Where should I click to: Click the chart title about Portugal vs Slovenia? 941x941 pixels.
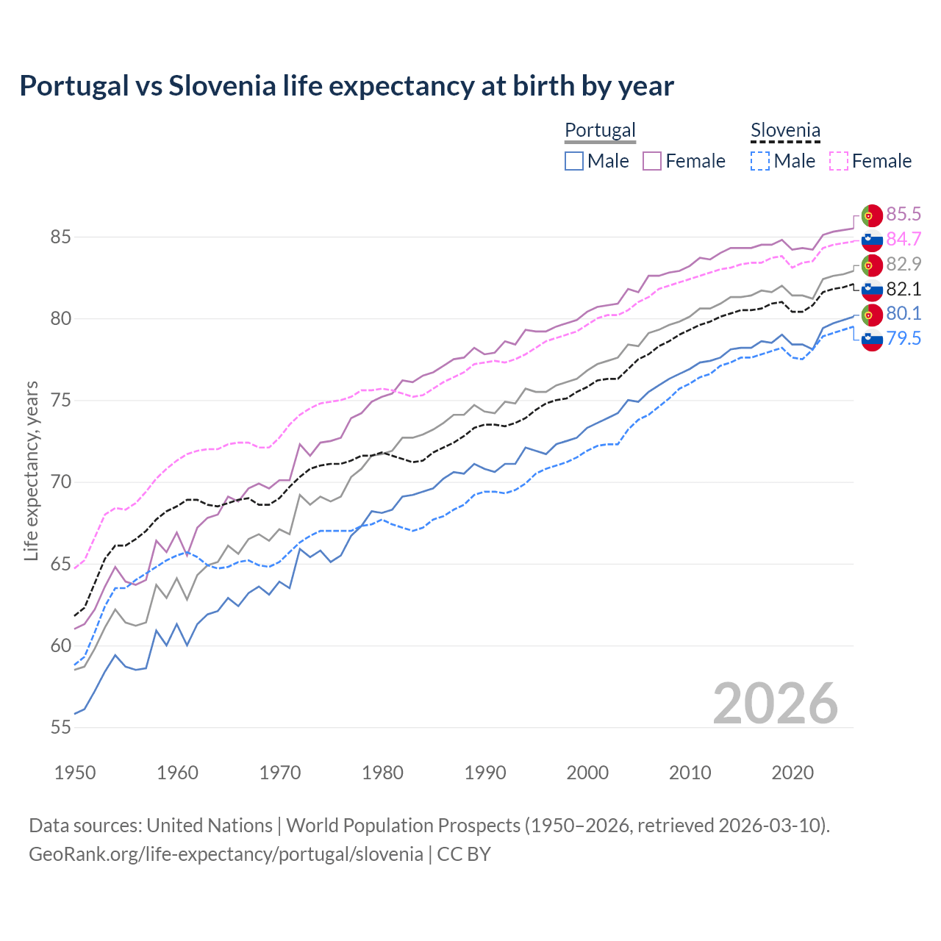click(x=346, y=86)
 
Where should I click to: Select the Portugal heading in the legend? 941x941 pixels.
click(x=600, y=130)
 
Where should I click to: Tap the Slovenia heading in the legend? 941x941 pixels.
click(x=785, y=130)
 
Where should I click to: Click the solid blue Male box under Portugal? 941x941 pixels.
click(x=574, y=161)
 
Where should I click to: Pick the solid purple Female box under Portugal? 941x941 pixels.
click(x=652, y=161)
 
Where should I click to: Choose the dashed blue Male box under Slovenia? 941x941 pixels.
click(x=760, y=161)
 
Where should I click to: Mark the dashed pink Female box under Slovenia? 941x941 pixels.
click(x=839, y=161)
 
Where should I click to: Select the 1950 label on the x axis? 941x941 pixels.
click(x=75, y=773)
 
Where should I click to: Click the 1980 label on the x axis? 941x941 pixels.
click(x=382, y=773)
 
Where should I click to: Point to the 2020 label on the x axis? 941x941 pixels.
click(x=792, y=773)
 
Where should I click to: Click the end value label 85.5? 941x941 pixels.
click(x=904, y=214)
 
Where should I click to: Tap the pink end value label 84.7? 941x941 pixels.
click(x=904, y=239)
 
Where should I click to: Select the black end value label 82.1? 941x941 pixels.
click(x=904, y=289)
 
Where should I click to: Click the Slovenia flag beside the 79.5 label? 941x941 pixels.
click(x=872, y=339)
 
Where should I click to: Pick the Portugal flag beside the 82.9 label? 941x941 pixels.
click(x=872, y=265)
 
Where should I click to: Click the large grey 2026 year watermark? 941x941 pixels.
click(x=776, y=704)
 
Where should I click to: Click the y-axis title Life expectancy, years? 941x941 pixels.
click(x=32, y=470)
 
